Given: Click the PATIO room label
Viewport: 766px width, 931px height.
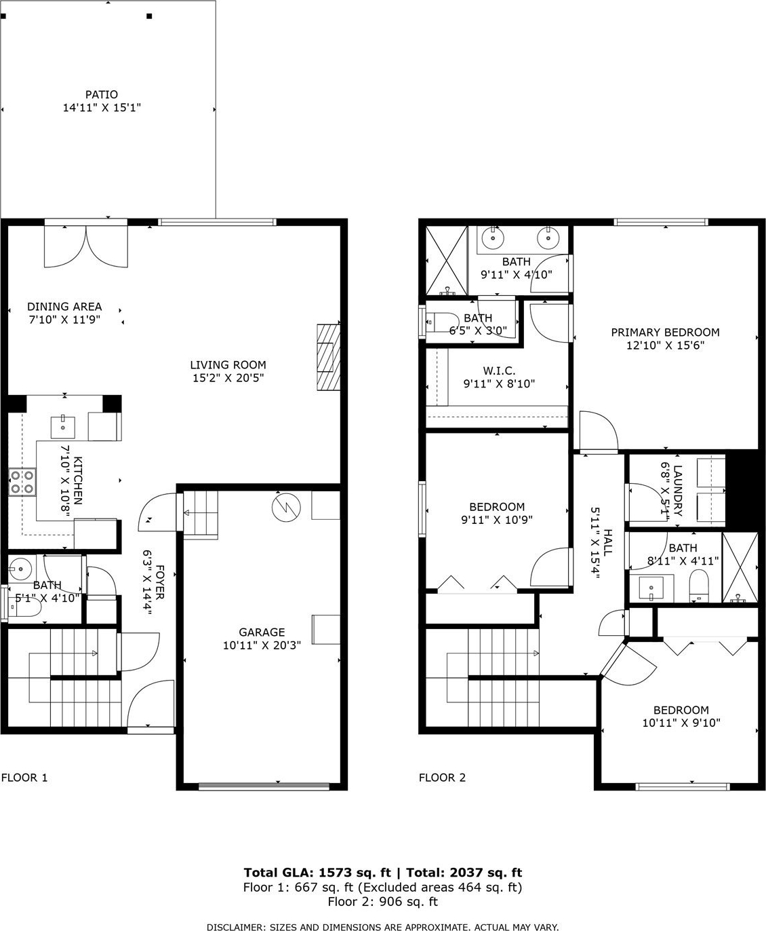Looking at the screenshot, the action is [102, 94].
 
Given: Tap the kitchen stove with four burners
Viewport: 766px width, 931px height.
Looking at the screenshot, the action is [22, 482].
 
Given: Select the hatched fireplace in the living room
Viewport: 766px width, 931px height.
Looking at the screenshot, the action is [328, 357].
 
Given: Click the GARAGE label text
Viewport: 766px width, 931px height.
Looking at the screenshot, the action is [262, 632].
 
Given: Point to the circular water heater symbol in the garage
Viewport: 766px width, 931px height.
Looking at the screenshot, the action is [286, 507].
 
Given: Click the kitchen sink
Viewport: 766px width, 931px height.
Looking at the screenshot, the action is [63, 427].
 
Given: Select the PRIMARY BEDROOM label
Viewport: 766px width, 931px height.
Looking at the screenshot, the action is [665, 332].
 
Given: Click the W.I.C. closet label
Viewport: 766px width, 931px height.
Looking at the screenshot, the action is [499, 370].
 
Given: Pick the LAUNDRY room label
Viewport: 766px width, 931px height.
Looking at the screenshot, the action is [677, 491].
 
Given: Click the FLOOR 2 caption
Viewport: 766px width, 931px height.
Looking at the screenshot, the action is [442, 778].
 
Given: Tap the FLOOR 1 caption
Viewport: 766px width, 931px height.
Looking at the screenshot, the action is [24, 778].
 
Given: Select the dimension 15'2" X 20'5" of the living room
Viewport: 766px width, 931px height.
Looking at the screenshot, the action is [228, 378].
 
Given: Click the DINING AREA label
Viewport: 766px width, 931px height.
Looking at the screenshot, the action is [64, 306].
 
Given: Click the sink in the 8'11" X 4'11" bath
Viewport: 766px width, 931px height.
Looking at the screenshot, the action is [651, 588].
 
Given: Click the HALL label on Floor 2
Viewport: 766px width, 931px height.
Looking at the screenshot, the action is [607, 542].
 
